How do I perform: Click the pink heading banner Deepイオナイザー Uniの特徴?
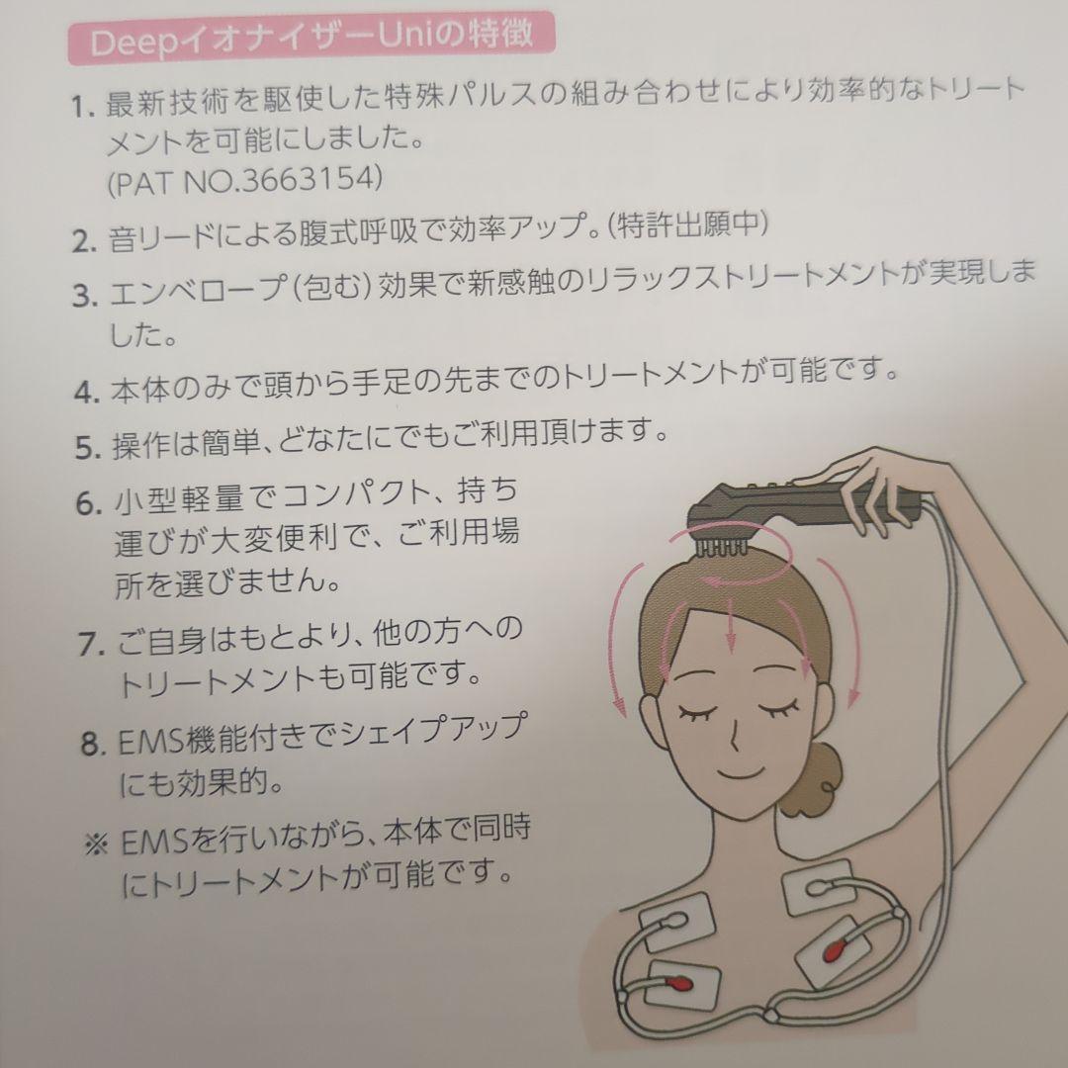coord(311,40)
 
